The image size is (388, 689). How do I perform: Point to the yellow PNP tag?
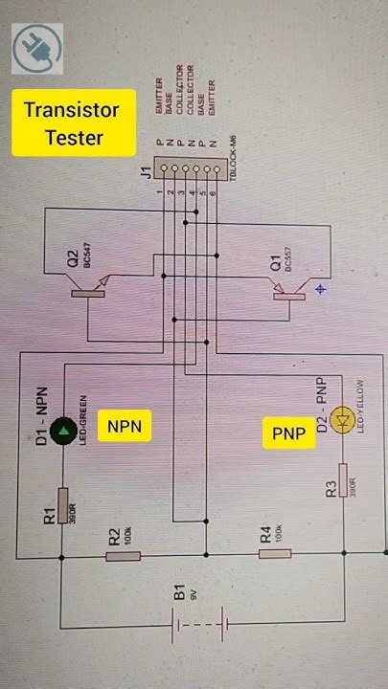(289, 434)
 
